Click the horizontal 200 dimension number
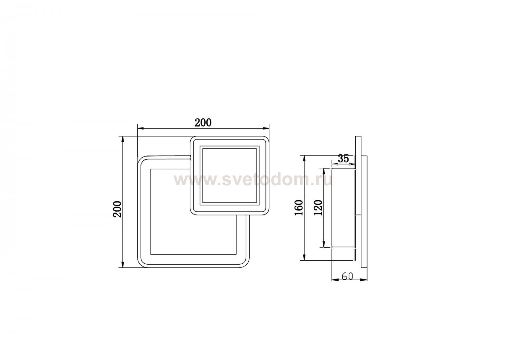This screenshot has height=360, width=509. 203,123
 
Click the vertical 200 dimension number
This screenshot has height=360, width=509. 118,209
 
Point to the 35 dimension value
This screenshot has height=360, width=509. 343,159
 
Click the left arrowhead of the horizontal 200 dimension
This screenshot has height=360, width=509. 140,128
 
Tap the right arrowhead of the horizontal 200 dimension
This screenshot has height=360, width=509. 266,128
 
